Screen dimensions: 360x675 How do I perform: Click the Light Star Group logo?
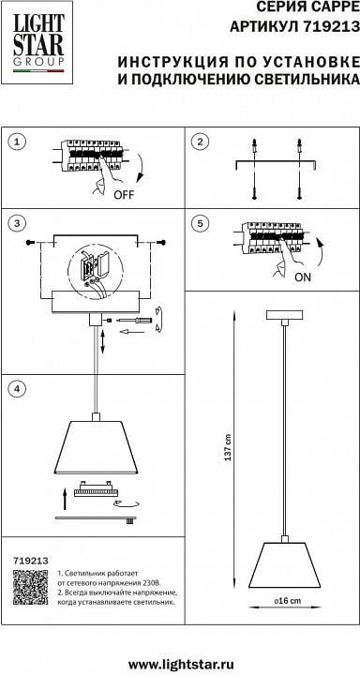point(37,42)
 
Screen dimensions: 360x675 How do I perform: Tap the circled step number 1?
point(17,142)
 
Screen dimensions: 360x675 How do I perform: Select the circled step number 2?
point(200,142)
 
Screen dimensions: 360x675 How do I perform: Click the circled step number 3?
point(17,223)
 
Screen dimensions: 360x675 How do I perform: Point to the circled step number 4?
point(17,388)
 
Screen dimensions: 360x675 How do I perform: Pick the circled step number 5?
point(200,223)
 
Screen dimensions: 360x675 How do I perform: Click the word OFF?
point(124,195)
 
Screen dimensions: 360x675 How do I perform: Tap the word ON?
point(302,277)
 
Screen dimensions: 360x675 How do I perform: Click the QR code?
point(30,587)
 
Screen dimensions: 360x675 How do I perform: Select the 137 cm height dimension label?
point(228,448)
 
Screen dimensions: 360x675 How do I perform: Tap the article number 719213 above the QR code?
point(30,560)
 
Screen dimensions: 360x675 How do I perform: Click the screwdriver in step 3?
point(130,320)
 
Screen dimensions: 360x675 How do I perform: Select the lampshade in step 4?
point(96,447)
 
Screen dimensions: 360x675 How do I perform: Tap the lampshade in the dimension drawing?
point(284,565)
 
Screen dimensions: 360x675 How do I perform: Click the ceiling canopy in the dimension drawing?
point(284,315)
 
